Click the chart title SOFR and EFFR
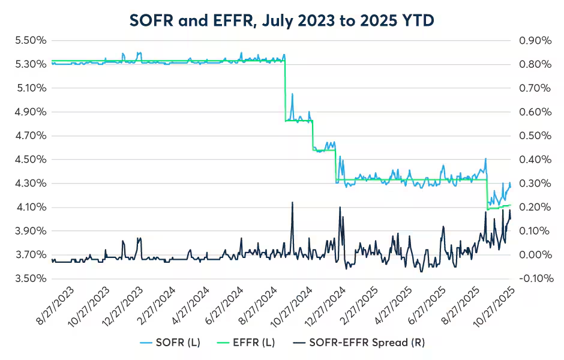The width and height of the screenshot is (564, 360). [282, 20]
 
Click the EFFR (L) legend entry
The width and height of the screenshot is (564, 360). [253, 343]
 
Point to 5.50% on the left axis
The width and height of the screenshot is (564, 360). [30, 41]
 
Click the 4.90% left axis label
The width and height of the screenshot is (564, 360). [30, 112]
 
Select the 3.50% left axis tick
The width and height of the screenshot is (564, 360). [30, 279]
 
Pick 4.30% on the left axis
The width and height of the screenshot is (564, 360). [30, 184]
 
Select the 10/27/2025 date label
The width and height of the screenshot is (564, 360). [494, 305]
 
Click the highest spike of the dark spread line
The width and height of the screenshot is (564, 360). [292, 203]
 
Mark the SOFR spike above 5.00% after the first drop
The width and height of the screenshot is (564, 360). [292, 94]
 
